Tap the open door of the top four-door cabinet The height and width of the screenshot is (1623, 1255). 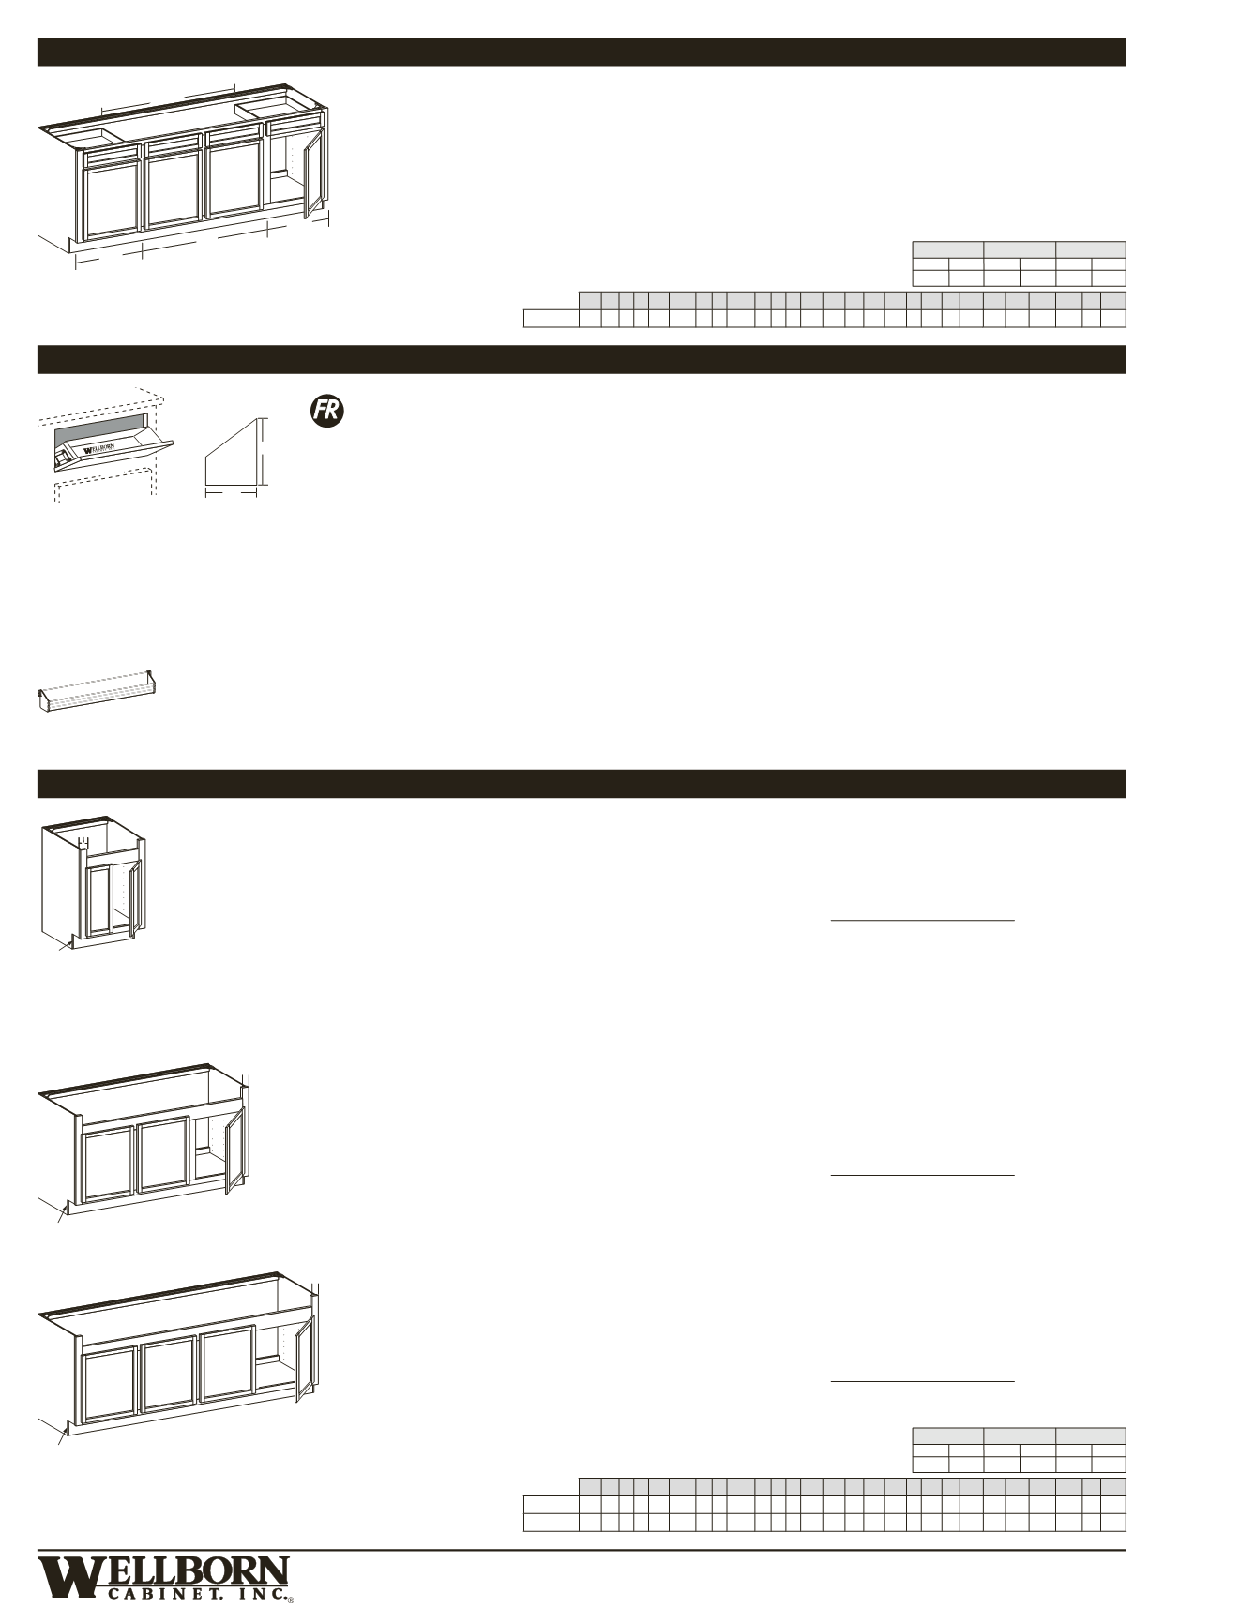pos(312,175)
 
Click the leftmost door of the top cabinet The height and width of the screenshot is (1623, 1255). pos(112,200)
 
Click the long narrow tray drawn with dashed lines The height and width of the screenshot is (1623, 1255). pos(97,692)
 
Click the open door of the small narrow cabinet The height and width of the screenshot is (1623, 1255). pos(135,898)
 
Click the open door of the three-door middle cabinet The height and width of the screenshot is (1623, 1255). pos(234,1151)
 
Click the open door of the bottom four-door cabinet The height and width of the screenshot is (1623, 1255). pos(302,1360)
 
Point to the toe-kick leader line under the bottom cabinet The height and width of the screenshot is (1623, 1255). pos(62,1437)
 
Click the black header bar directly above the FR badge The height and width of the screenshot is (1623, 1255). pos(581,359)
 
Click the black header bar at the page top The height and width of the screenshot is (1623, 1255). pos(581,52)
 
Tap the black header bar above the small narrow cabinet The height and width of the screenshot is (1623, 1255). pos(581,784)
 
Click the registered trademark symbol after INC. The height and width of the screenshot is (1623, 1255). pos(290,1600)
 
